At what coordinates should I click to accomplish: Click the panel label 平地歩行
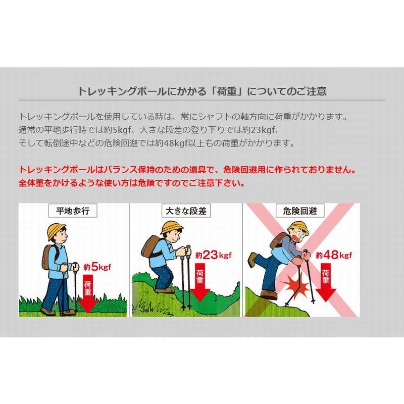73,211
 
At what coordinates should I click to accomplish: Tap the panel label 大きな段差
186,211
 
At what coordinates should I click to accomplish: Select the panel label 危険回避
299,211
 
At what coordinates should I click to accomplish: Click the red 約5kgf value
97,267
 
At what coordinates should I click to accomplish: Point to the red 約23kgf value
213,255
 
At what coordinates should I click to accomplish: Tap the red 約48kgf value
334,255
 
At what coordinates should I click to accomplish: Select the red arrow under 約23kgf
200,282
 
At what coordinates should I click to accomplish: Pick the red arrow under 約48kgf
326,282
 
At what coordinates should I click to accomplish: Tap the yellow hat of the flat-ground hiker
57,231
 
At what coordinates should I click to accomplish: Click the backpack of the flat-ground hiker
48,256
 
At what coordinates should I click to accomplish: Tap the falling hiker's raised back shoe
252,260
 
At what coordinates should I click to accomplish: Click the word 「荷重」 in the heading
226,91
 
